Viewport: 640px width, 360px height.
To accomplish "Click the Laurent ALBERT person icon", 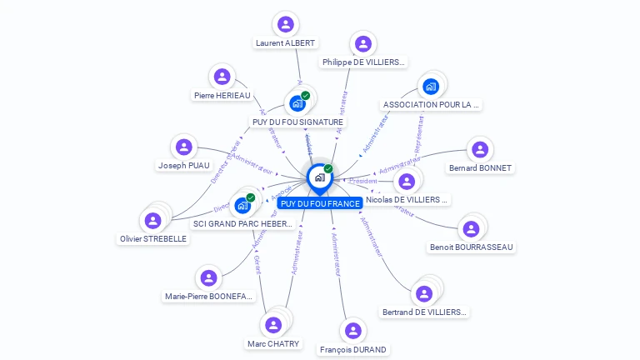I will pos(286,24).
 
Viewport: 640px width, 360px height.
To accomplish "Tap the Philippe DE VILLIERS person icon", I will pos(362,43).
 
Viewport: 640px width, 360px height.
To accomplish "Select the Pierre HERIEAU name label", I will pos(222,96).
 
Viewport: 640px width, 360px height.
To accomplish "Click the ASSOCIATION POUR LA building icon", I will pos(431,86).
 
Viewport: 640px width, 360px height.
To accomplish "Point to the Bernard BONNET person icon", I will pos(479,149).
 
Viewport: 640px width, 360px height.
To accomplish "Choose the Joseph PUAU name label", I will pos(184,166).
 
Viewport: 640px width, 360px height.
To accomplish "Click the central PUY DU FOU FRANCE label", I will pos(320,203).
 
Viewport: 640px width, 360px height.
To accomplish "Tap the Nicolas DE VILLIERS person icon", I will pos(407,181).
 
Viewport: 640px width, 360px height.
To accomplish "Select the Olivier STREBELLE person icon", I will pos(152,221).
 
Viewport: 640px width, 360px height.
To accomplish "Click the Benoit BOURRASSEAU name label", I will pos(472,247).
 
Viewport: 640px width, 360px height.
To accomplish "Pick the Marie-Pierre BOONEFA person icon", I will pos(208,277).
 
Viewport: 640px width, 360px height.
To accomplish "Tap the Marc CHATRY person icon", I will pos(273,325).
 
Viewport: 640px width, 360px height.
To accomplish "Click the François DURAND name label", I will pos(353,350).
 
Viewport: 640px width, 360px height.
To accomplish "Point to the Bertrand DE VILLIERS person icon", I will pos(424,293).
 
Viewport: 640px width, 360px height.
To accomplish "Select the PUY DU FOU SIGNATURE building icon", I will pos(297,104).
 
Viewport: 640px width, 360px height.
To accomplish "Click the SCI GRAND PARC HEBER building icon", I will pos(242,205).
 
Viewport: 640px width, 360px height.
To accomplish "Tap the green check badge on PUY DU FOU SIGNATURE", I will pos(306,96).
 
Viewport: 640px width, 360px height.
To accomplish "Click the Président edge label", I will pos(363,181).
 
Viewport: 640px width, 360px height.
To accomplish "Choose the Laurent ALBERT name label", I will pos(286,42).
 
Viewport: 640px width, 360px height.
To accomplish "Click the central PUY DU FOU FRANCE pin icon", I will pos(319,177).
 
